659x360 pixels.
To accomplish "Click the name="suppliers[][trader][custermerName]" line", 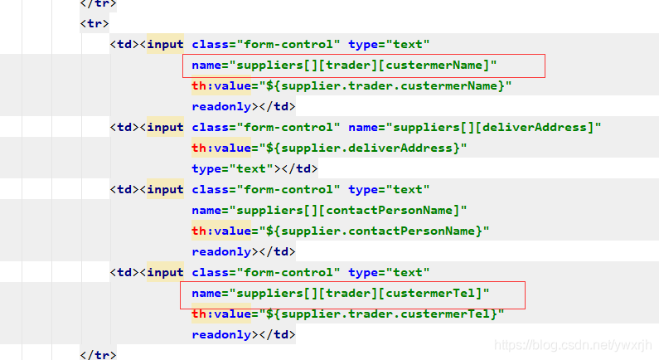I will [344, 65].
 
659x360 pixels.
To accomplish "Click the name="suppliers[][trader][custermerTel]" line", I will [341, 293].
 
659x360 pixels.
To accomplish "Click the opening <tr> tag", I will [94, 23].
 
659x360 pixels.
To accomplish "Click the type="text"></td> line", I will [254, 168].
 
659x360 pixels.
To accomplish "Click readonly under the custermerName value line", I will [221, 106].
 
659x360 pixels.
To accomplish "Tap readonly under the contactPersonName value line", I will [221, 251].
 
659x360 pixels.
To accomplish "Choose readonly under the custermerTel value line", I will [221, 334].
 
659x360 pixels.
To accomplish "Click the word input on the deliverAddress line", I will [165, 127].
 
